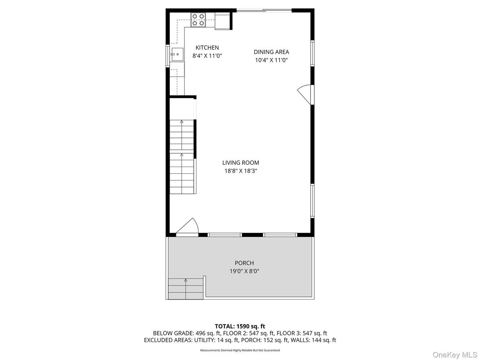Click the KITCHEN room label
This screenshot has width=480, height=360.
tap(207, 48)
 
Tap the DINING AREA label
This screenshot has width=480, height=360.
tap(271, 52)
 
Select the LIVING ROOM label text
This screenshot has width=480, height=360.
tap(240, 163)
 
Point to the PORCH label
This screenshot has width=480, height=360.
tap(244, 263)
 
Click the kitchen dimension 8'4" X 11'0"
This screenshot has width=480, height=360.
tap(207, 56)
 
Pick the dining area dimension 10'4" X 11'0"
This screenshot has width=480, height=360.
tap(271, 60)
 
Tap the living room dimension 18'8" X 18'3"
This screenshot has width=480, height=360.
tap(240, 171)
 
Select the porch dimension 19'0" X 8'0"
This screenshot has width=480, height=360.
tap(244, 271)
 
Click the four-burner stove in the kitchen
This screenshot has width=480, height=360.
tap(198, 20)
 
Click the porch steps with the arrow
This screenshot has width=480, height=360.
tap(185, 289)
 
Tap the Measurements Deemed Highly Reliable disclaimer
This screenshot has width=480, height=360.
tap(240, 350)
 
